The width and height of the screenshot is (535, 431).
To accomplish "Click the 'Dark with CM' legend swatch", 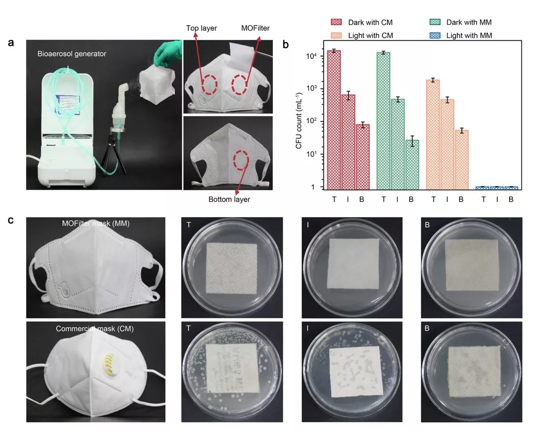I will point(337,22).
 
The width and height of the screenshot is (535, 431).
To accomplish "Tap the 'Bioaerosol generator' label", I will point(72,53).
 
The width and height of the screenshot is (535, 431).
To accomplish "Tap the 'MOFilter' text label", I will point(256,29).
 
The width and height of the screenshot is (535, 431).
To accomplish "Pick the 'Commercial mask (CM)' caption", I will point(95,329).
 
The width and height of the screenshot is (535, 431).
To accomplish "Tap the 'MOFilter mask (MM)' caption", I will point(95,224).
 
